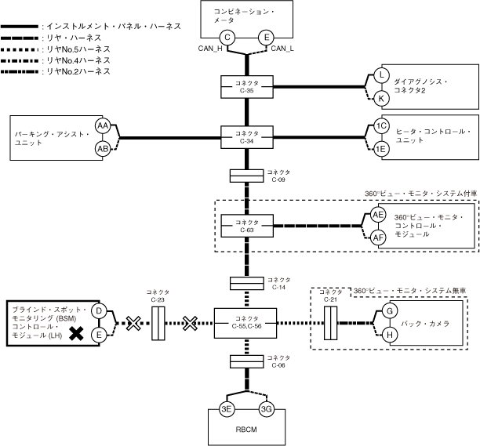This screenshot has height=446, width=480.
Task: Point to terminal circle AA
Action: coord(103,125)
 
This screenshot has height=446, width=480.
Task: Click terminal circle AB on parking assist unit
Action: coord(103,149)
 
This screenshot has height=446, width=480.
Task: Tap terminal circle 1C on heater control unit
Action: coord(382,126)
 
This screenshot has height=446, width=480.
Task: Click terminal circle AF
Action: coord(379,237)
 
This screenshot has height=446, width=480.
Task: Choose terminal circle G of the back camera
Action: coord(387,312)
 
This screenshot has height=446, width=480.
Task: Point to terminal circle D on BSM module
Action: coord(100,311)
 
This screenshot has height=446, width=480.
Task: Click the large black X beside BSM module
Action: coord(77,335)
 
